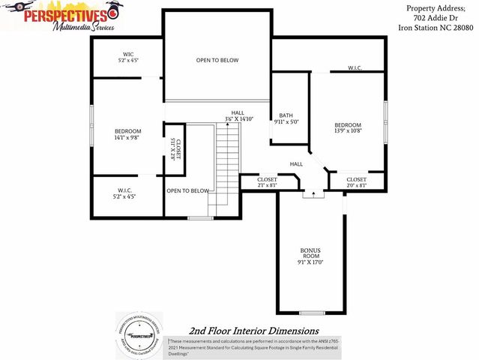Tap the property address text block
tap(436, 18)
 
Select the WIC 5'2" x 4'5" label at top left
tap(128, 57)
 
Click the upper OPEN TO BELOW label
tap(217, 60)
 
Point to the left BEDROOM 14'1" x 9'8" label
tap(127, 134)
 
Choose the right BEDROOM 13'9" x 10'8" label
tap(348, 127)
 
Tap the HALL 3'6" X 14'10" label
tap(238, 115)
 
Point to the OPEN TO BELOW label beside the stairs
tap(187, 190)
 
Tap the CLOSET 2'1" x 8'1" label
tap(267, 182)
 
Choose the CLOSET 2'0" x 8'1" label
tap(357, 182)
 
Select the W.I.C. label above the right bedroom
tap(355, 68)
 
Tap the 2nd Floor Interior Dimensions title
tap(253, 331)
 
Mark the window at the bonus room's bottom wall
tap(311, 313)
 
